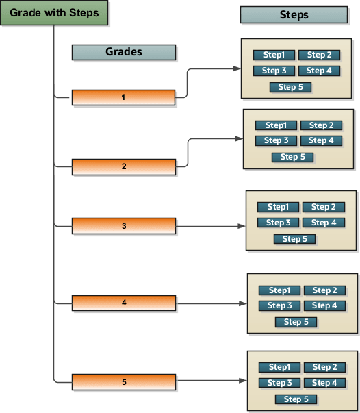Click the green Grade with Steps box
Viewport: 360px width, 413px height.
coord(53,14)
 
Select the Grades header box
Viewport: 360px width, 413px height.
coord(123,52)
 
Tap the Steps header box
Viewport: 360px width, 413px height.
coord(294,15)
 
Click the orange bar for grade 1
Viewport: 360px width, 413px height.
coord(123,97)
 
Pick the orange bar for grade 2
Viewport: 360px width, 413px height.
coord(123,166)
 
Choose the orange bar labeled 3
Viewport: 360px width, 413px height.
coord(123,225)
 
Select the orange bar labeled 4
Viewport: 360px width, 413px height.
coord(123,302)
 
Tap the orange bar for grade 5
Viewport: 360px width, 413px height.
coord(123,381)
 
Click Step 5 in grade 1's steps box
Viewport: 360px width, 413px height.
coord(290,87)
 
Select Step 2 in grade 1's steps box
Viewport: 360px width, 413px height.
coord(319,55)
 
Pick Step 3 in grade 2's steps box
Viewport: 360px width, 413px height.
coord(276,140)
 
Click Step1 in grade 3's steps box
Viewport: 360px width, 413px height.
coord(278,207)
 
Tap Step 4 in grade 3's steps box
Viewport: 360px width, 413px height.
coord(324,223)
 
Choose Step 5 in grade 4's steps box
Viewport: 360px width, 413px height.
coord(296,322)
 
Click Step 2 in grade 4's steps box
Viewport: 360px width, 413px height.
coord(324,290)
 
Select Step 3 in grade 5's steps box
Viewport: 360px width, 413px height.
coord(279,383)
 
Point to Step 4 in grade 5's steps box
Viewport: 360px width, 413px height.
coord(324,383)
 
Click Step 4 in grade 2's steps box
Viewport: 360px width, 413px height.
coord(321,140)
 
